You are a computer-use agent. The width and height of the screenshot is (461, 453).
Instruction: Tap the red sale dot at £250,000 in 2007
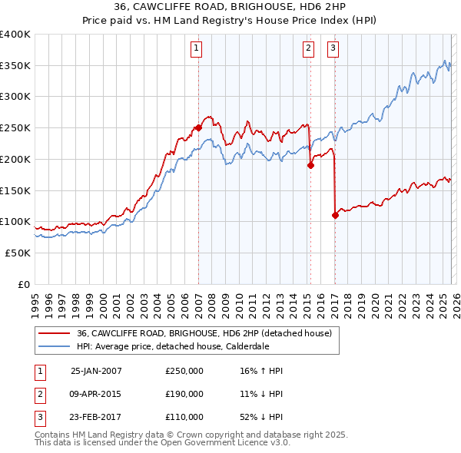(198, 127)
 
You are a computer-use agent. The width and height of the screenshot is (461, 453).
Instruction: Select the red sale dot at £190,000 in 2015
(310, 164)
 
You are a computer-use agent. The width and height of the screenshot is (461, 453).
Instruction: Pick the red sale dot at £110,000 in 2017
(336, 215)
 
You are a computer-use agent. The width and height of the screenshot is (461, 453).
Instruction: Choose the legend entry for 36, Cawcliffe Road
(204, 333)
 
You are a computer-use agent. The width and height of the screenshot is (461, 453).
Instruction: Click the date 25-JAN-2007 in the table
(96, 371)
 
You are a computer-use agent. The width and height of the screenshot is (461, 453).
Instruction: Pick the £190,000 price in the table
(184, 394)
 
